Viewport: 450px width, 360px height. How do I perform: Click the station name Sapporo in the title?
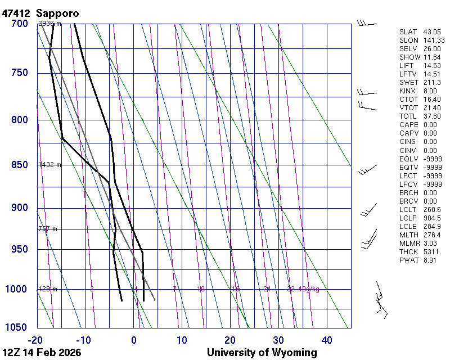58,13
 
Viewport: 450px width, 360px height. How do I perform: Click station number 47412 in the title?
17,13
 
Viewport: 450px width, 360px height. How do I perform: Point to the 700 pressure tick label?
20,24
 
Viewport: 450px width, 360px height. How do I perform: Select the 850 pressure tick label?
20,165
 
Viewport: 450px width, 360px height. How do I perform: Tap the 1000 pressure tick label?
17,289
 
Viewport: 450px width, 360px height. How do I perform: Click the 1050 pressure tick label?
17,328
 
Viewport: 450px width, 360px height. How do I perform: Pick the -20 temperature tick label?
35,340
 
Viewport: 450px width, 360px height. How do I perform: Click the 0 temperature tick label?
134,340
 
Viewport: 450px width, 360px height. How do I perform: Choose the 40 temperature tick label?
327,340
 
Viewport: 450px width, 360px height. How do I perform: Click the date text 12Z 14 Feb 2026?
42,353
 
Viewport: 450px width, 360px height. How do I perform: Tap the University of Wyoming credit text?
262,353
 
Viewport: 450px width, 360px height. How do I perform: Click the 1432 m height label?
49,165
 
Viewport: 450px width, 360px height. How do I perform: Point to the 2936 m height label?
49,24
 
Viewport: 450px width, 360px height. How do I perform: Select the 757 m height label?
48,229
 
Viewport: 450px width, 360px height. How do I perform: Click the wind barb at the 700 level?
367,23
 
